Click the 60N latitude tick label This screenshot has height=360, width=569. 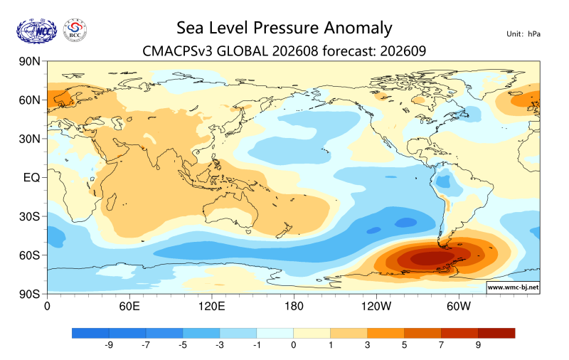[x=29, y=100]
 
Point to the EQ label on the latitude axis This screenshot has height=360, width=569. [x=31, y=177]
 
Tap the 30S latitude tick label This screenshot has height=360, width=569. [x=29, y=216]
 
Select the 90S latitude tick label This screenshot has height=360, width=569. [x=29, y=294]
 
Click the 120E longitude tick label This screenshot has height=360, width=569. [x=211, y=306]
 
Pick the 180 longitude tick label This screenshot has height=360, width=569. [x=294, y=306]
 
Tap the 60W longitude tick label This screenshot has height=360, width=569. [x=459, y=306]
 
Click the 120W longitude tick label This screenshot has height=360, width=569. [x=376, y=306]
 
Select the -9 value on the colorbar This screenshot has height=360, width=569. [x=109, y=345]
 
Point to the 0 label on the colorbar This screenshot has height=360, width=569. [x=294, y=345]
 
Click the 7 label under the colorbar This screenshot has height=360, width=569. [x=441, y=345]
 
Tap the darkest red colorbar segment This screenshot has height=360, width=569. [x=496, y=333]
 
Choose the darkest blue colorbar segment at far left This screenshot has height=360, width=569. [x=90, y=333]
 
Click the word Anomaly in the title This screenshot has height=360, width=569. [x=358, y=28]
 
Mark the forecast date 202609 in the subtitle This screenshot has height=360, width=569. [x=403, y=51]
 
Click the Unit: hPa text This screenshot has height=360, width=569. [x=523, y=34]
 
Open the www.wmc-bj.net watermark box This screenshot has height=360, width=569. [x=513, y=287]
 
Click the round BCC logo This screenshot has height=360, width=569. [x=75, y=31]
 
